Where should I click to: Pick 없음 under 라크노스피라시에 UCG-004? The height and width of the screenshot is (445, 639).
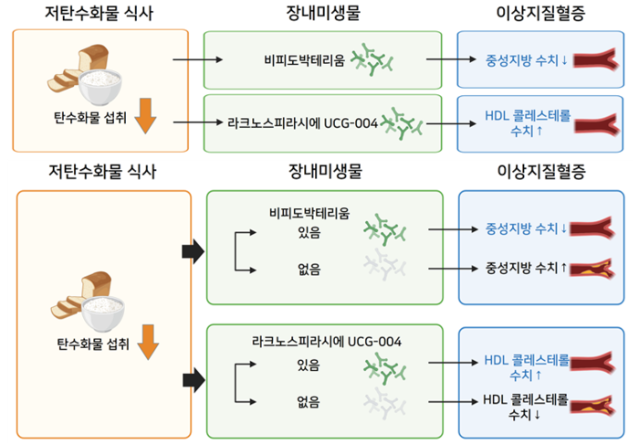pyautogui.click(x=309, y=401)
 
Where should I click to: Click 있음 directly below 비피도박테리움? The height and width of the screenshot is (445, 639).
pyautogui.click(x=309, y=233)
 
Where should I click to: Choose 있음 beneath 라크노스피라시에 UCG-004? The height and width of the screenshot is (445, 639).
pyautogui.click(x=309, y=366)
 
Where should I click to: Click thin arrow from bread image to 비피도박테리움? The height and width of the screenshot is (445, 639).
pyautogui.click(x=197, y=60)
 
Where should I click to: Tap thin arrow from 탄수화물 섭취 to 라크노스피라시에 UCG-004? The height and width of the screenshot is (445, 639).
pyautogui.click(x=197, y=122)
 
